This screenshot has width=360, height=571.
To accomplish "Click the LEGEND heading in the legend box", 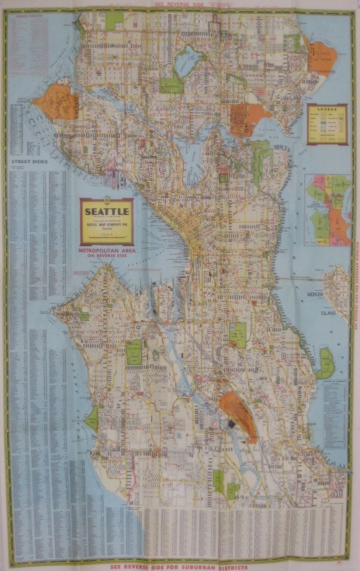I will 327,109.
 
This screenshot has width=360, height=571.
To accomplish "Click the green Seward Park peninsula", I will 325,363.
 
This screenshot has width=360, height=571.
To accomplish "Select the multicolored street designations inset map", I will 327,210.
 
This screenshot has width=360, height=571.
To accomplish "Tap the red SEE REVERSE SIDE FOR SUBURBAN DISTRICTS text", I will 178,567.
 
